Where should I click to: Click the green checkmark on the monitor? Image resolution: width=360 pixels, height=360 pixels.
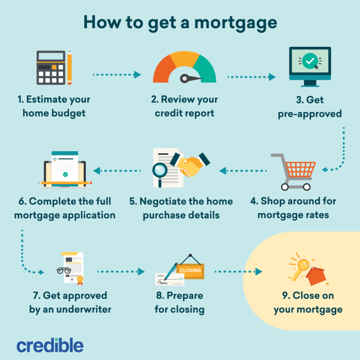point(310,61)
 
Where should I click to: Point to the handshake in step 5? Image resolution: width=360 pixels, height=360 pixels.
point(193,164)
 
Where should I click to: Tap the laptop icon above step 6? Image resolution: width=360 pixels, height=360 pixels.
point(65,170)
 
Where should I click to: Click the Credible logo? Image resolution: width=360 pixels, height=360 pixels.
point(50,345)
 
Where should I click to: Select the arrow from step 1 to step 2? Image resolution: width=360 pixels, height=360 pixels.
point(116,75)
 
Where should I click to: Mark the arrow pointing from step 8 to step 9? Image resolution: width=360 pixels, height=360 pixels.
point(238,271)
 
